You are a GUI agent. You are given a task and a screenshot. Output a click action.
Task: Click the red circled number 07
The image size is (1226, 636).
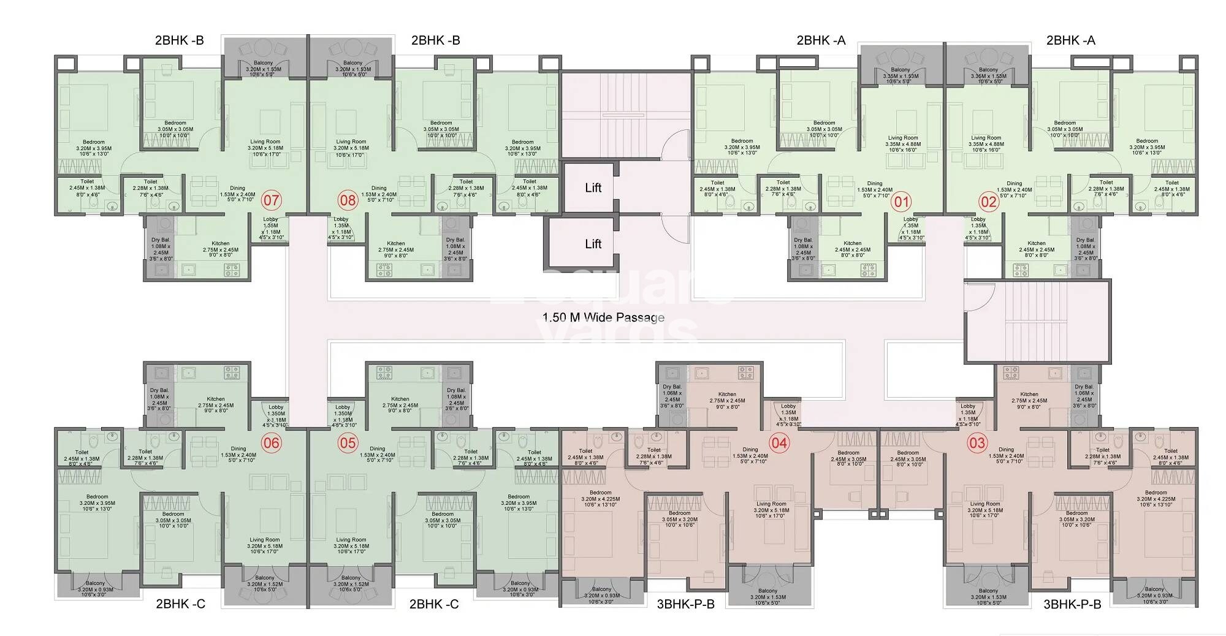pyautogui.click(x=271, y=200)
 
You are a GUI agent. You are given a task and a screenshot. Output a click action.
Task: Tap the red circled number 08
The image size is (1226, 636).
pyautogui.click(x=348, y=200)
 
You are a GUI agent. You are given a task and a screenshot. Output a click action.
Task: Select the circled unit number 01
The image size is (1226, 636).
pyautogui.click(x=902, y=202)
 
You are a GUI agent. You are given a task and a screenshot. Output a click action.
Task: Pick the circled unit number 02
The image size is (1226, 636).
pyautogui.click(x=989, y=202)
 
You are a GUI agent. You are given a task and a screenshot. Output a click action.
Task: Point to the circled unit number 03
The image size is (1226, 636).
pyautogui.click(x=977, y=442)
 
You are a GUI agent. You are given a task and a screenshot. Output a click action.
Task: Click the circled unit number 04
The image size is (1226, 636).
pyautogui.click(x=779, y=442)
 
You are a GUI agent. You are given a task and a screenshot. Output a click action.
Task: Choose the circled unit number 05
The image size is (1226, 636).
pyautogui.click(x=348, y=442)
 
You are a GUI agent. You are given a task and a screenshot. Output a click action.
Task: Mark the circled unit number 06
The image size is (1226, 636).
pyautogui.click(x=271, y=442)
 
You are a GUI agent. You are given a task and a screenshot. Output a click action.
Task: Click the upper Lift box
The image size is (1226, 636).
pyautogui.click(x=592, y=188)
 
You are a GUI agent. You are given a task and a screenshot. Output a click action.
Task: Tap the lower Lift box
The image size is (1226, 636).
pyautogui.click(x=592, y=244)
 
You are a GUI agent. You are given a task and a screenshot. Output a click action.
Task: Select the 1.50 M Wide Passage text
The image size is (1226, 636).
pyautogui.click(x=603, y=317)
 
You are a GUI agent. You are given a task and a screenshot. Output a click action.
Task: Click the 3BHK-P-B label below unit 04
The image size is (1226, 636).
pyautogui.click(x=685, y=604)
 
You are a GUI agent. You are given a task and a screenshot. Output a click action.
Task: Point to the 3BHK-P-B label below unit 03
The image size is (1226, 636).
pyautogui.click(x=1072, y=604)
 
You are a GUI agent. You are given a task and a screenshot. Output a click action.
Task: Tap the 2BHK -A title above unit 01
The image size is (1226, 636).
pyautogui.click(x=821, y=40)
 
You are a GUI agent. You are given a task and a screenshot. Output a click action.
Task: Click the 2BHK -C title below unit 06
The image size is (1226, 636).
pyautogui.click(x=180, y=604)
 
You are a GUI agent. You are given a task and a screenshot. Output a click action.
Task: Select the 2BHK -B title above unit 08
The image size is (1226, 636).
pyautogui.click(x=435, y=40)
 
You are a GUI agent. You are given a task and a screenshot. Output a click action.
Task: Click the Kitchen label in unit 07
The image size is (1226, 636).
pyautogui.click(x=221, y=243)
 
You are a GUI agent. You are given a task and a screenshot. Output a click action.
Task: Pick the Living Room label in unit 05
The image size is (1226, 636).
pyautogui.click(x=351, y=540)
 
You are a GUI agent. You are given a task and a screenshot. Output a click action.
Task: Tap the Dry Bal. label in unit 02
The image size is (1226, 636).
pyautogui.click(x=1084, y=240)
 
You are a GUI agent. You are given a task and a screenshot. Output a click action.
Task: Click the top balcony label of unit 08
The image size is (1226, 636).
pyautogui.click(x=352, y=63)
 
